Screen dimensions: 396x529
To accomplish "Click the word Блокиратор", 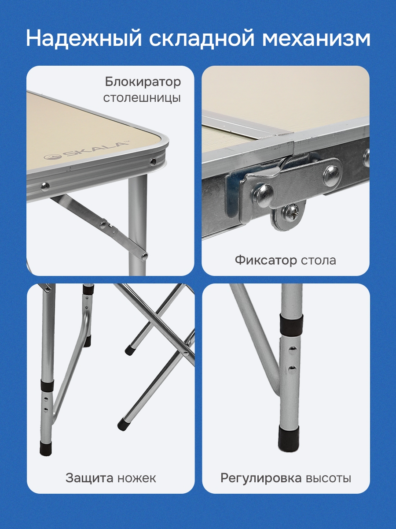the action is coord(143,82).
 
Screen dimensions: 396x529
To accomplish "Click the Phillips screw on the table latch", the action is coord(290,211).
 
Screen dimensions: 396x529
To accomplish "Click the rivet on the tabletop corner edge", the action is coord(153,161).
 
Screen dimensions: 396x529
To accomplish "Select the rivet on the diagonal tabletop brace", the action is coord(103,225).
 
